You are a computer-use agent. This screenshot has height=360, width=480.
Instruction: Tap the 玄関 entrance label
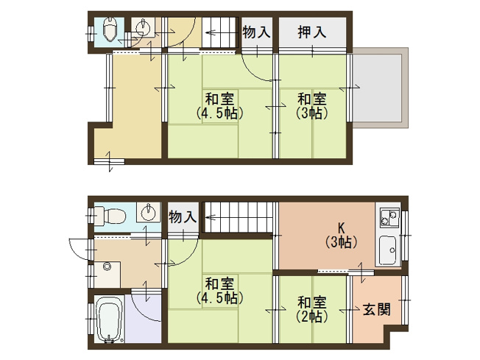coord(376,310)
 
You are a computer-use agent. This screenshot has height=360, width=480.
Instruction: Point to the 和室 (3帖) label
coord(312,105)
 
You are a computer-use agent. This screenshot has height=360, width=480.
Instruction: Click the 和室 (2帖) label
coord(312,309)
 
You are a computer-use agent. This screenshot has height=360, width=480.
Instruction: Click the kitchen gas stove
coord(387,218)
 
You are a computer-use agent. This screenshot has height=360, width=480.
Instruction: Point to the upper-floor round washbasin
coord(143,29)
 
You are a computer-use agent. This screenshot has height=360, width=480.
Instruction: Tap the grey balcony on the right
coord(379,88)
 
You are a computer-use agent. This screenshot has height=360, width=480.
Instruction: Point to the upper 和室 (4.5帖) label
coord(220,105)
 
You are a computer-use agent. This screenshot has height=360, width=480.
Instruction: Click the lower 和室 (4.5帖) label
coord(220,290)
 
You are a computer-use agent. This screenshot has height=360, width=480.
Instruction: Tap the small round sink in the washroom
coord(108,266)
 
